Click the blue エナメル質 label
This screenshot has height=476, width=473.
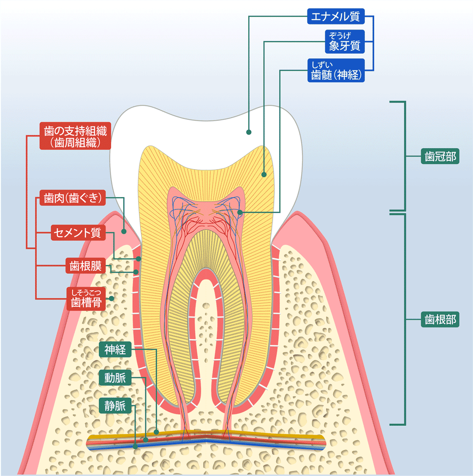[x=336, y=16]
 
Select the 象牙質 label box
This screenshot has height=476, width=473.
[x=345, y=41]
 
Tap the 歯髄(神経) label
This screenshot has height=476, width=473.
[x=336, y=70]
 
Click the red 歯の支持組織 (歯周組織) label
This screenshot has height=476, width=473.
[x=75, y=136]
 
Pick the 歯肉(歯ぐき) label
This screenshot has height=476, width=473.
[x=73, y=197]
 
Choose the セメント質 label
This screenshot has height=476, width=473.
[x=78, y=233]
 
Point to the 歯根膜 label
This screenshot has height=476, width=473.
[x=86, y=265]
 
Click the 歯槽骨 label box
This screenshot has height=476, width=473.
[x=86, y=298]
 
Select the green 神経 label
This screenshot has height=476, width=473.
[x=115, y=349]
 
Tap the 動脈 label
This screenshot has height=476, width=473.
[x=115, y=378]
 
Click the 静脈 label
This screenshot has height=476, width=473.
[x=115, y=406]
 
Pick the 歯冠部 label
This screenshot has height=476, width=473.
[x=440, y=156]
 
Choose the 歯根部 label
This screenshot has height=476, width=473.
[x=440, y=319]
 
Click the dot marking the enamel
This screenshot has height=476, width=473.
[x=249, y=132]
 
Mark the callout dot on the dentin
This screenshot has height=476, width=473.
[x=264, y=175]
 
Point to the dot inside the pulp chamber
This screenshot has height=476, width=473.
[x=240, y=213]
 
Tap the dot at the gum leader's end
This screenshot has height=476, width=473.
[x=124, y=232]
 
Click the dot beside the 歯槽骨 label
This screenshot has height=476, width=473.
[x=111, y=298]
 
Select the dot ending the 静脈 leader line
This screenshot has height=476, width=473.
[x=135, y=446]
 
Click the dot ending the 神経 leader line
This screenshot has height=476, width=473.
[x=156, y=432]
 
